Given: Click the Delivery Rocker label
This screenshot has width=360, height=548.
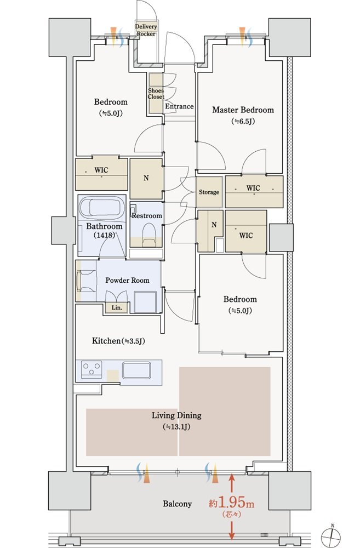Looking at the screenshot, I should (x=146, y=30).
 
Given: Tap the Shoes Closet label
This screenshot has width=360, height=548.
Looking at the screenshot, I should (x=156, y=94).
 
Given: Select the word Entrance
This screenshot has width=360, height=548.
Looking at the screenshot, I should (x=179, y=106).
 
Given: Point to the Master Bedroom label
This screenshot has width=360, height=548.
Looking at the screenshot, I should (x=243, y=110).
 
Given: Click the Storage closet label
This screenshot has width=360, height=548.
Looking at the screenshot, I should (x=209, y=192).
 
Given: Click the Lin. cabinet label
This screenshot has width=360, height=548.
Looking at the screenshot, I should (x=117, y=308).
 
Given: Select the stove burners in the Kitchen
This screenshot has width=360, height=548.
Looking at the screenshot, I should (x=92, y=369).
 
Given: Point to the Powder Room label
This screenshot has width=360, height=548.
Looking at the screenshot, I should (x=127, y=280).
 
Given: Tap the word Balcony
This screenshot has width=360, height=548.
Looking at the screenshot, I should (x=177, y=504).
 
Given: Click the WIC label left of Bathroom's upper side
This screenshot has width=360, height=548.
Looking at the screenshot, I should (x=101, y=170).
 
